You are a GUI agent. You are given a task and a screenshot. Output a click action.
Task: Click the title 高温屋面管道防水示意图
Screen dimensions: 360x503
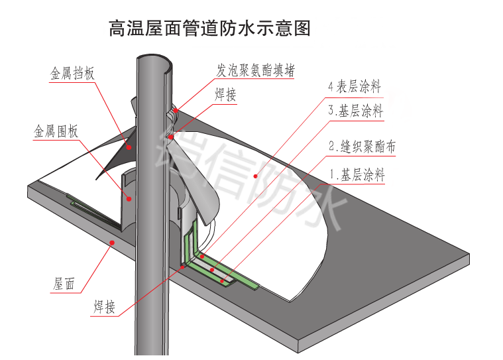coord(209,29)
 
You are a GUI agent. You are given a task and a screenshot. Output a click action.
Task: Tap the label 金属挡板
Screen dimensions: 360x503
coord(72,73)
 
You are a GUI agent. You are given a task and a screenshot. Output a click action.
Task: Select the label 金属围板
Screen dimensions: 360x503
coord(56,131)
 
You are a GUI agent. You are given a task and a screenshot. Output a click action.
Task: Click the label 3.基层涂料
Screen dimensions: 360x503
coord(355,111)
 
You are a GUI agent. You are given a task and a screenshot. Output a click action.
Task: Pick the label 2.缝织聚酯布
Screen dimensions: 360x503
coord(362,147)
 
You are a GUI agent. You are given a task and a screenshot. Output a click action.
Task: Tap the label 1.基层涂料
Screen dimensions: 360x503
coord(357,176)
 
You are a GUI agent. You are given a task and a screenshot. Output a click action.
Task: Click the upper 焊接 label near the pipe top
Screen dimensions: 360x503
coord(225,95)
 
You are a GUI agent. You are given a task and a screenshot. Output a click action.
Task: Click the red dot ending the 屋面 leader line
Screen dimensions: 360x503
coord(113,243)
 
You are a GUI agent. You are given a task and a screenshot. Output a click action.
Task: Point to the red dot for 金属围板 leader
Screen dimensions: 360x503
coord(129,198)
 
